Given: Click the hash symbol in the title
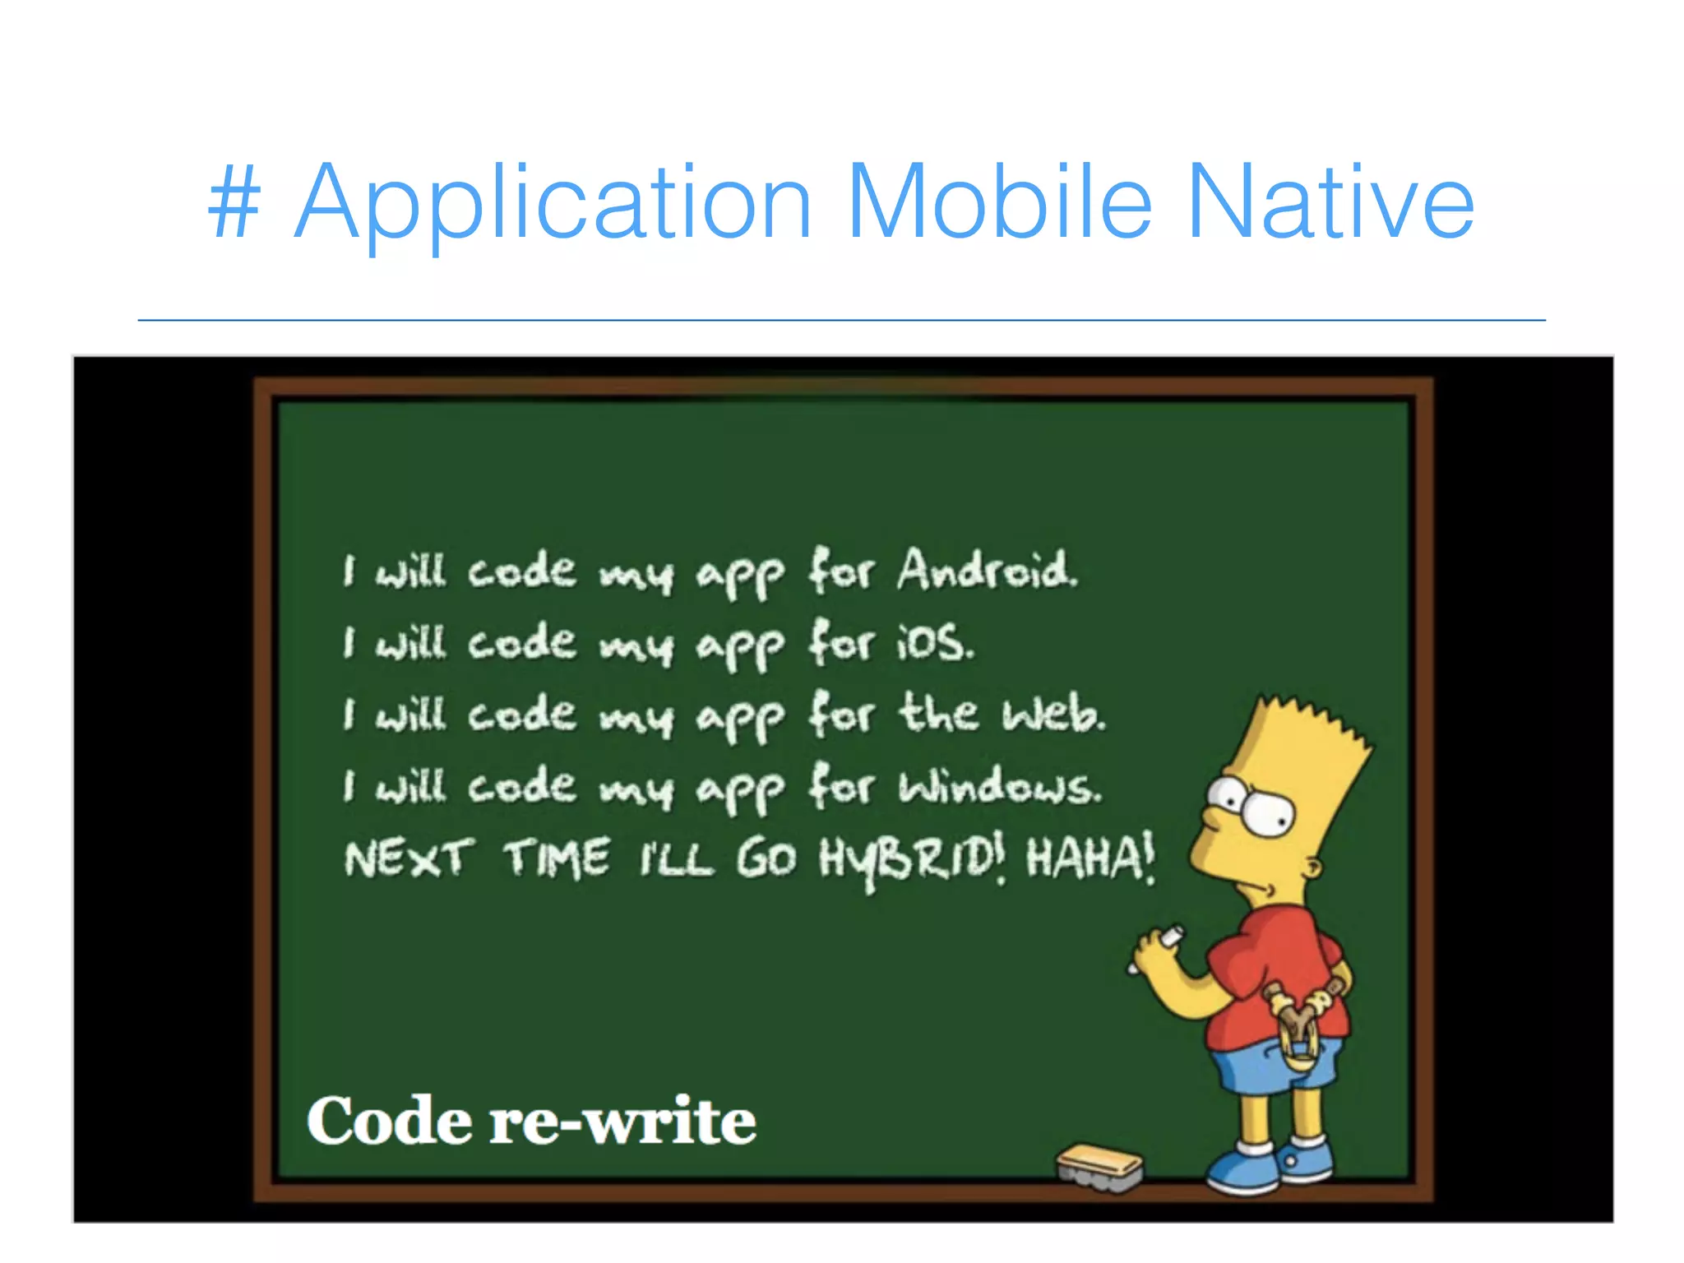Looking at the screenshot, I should point(234,202).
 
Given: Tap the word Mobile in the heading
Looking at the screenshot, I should point(998,202).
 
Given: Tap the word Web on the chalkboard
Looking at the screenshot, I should point(1053,713).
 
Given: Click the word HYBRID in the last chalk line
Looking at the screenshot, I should point(910,860).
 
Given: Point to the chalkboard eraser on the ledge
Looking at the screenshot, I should point(1099,1166).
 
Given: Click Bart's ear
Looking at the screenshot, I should point(1313,867).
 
